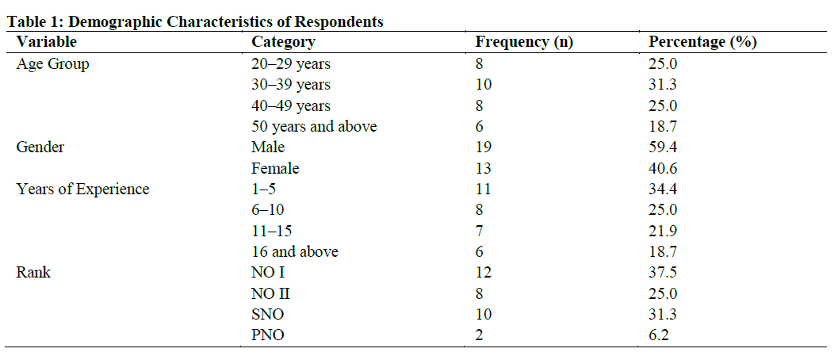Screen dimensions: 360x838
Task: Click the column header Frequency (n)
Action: pyautogui.click(x=524, y=43)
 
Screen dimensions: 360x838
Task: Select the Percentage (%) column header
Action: pyautogui.click(x=702, y=43)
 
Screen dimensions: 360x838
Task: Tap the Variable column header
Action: pyautogui.click(x=47, y=43)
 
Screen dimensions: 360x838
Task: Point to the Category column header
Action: pyautogui.click(x=283, y=43)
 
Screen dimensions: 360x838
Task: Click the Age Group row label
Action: pyautogui.click(x=52, y=64)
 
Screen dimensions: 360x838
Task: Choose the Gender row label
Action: pyautogui.click(x=40, y=147)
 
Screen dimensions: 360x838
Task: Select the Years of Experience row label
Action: pyautogui.click(x=82, y=190)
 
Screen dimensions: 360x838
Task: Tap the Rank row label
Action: pyautogui.click(x=33, y=273)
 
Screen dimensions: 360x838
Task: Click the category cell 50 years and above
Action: pyautogui.click(x=314, y=127)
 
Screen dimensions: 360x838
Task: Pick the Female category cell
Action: pyautogui.click(x=275, y=168)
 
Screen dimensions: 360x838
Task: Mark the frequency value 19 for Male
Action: pyautogui.click(x=483, y=147)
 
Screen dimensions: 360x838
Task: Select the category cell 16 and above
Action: pyautogui.click(x=295, y=252)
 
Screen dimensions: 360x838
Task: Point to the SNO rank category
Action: pyautogui.click(x=268, y=315)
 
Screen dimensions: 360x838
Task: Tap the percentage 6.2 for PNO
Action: pyautogui.click(x=657, y=335)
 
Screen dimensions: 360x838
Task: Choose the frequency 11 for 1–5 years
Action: pyautogui.click(x=483, y=190)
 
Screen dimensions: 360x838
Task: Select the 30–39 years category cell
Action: pyautogui.click(x=291, y=85)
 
